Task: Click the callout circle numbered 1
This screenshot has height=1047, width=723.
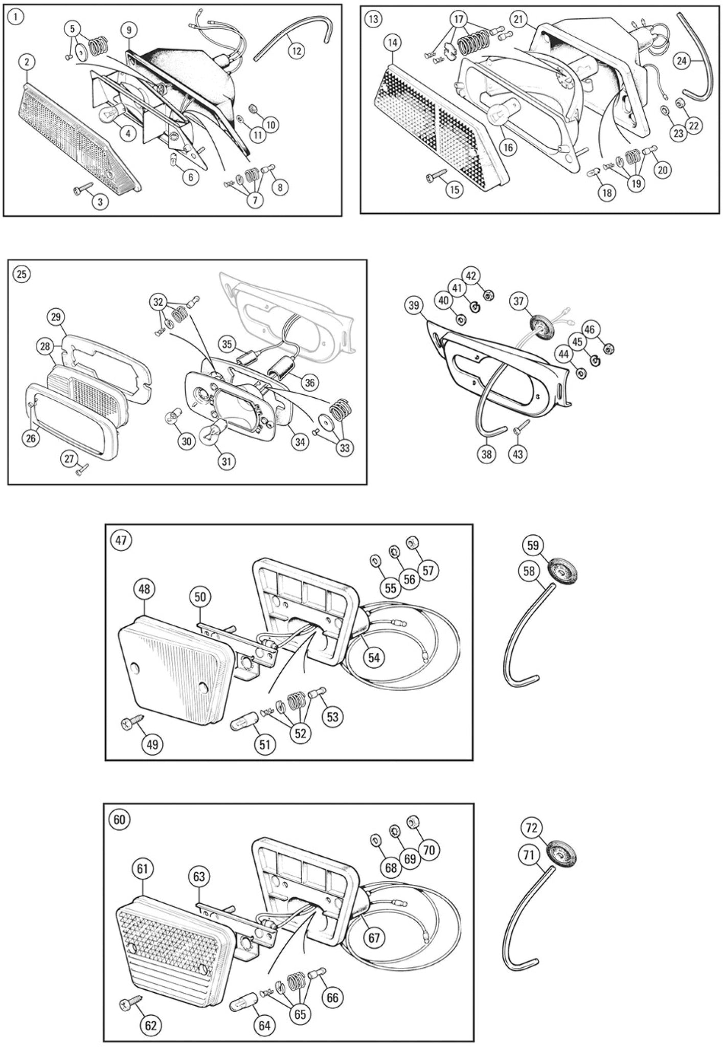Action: coord(16,17)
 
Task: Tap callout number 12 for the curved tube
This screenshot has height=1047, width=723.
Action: coord(297,50)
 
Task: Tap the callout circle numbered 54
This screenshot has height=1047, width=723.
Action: coord(374,658)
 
